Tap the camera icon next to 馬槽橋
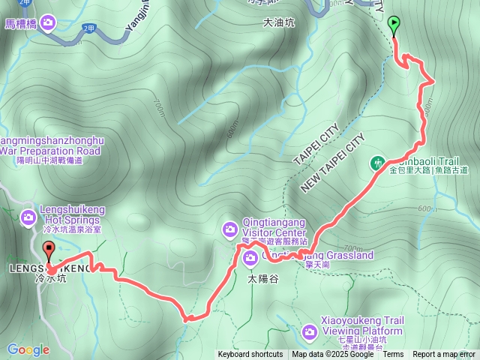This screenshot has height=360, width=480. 49,24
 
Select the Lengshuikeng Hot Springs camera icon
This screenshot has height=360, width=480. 28,217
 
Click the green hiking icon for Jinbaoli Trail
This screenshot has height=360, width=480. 379,162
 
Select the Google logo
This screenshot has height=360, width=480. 28,349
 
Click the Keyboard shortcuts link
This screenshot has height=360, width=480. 250,355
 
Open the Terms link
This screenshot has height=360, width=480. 393,355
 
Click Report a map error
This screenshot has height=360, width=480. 445,355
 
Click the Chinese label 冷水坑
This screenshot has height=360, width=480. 50,278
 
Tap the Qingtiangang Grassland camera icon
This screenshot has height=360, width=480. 250,259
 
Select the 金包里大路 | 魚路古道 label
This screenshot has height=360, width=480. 429,171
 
